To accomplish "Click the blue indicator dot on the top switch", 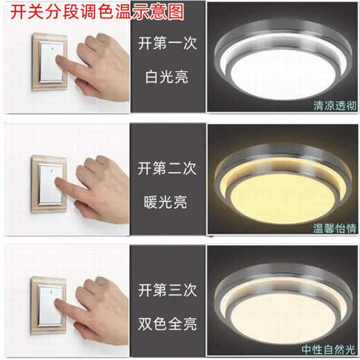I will click(x=50, y=51).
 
